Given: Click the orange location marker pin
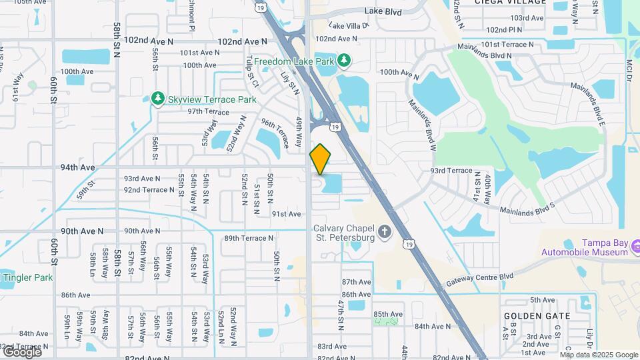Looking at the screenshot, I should pos(321,159).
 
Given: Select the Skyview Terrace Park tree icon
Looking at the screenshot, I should pos(158,99).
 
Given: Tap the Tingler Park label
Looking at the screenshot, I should pos(27,277).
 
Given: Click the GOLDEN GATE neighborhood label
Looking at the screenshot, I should pos(537,316).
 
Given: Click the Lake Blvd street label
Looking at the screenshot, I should pos(383,11).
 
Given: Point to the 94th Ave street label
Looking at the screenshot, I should pos(77,167).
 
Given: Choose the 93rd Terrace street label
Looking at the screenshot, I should pos(451,171).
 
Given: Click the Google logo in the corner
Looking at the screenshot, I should pos(21,351).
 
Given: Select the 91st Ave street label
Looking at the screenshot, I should pos(286,214).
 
